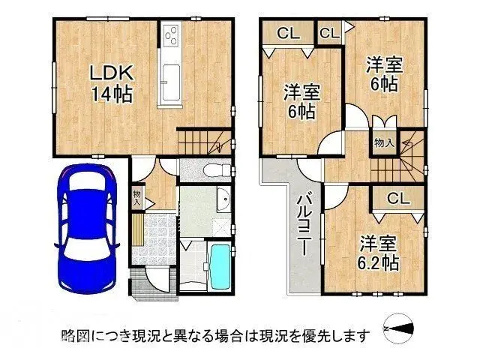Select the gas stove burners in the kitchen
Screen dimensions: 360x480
pyautogui.click(x=170, y=35)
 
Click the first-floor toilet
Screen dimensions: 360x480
pyautogui.click(x=215, y=169)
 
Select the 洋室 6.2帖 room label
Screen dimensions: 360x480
pyautogui.click(x=377, y=253)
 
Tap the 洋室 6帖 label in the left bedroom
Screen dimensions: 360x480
pyautogui.click(x=301, y=102)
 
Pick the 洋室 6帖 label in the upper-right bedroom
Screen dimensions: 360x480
pyautogui.click(x=385, y=74)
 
